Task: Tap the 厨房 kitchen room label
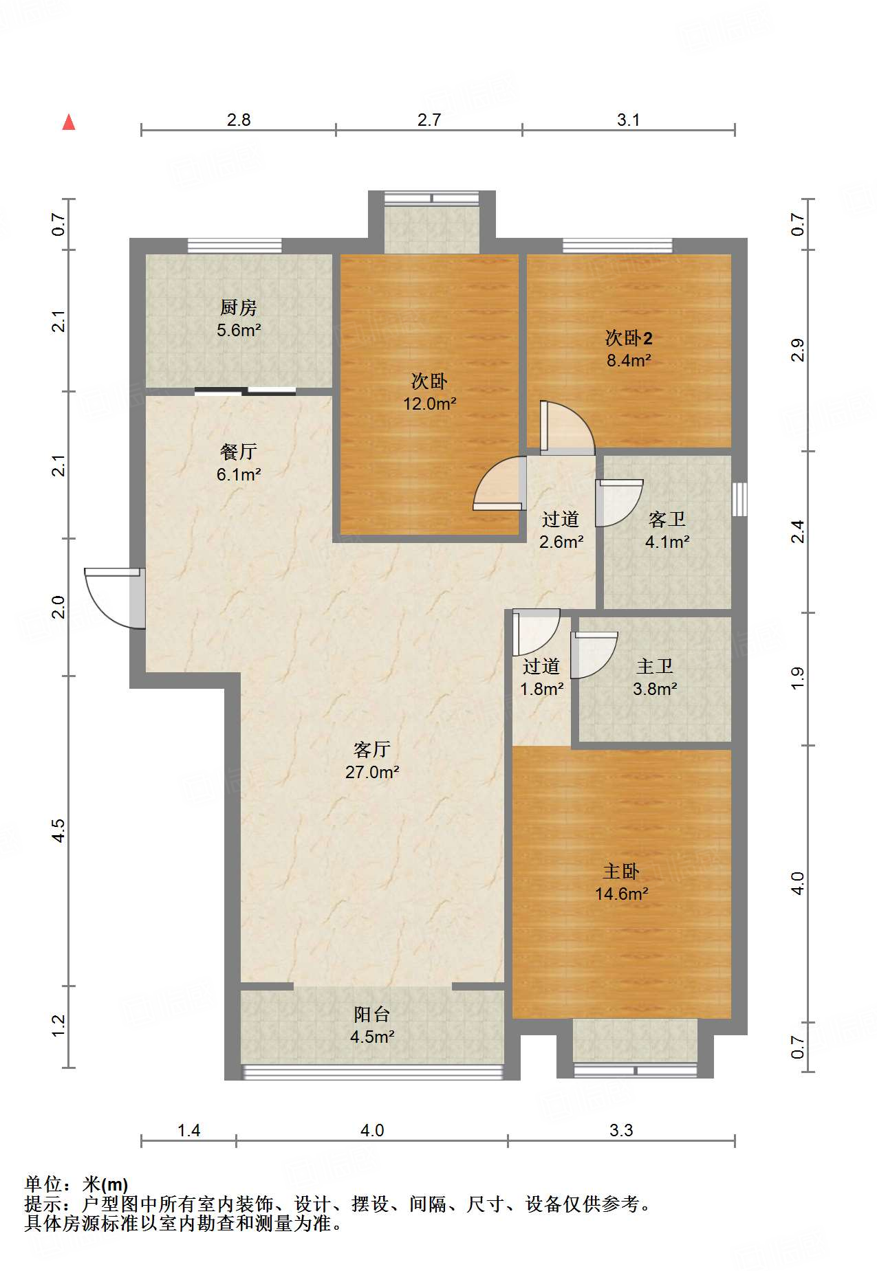tap(239, 307)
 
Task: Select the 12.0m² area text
tap(430, 404)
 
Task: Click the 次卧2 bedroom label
tap(629, 338)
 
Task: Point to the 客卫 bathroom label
tap(667, 519)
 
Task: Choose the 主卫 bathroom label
tap(655, 666)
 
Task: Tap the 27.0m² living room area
tap(372, 772)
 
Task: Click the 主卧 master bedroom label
tap(621, 871)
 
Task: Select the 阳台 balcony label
tap(372, 1014)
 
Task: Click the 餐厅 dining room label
tap(239, 452)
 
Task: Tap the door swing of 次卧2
tap(566, 428)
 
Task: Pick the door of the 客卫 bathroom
tap(619, 502)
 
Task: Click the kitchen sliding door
tap(245, 392)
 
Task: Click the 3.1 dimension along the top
tap(628, 120)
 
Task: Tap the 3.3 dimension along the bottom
tap(621, 1130)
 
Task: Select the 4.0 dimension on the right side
tap(797, 883)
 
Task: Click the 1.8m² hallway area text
tap(542, 689)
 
